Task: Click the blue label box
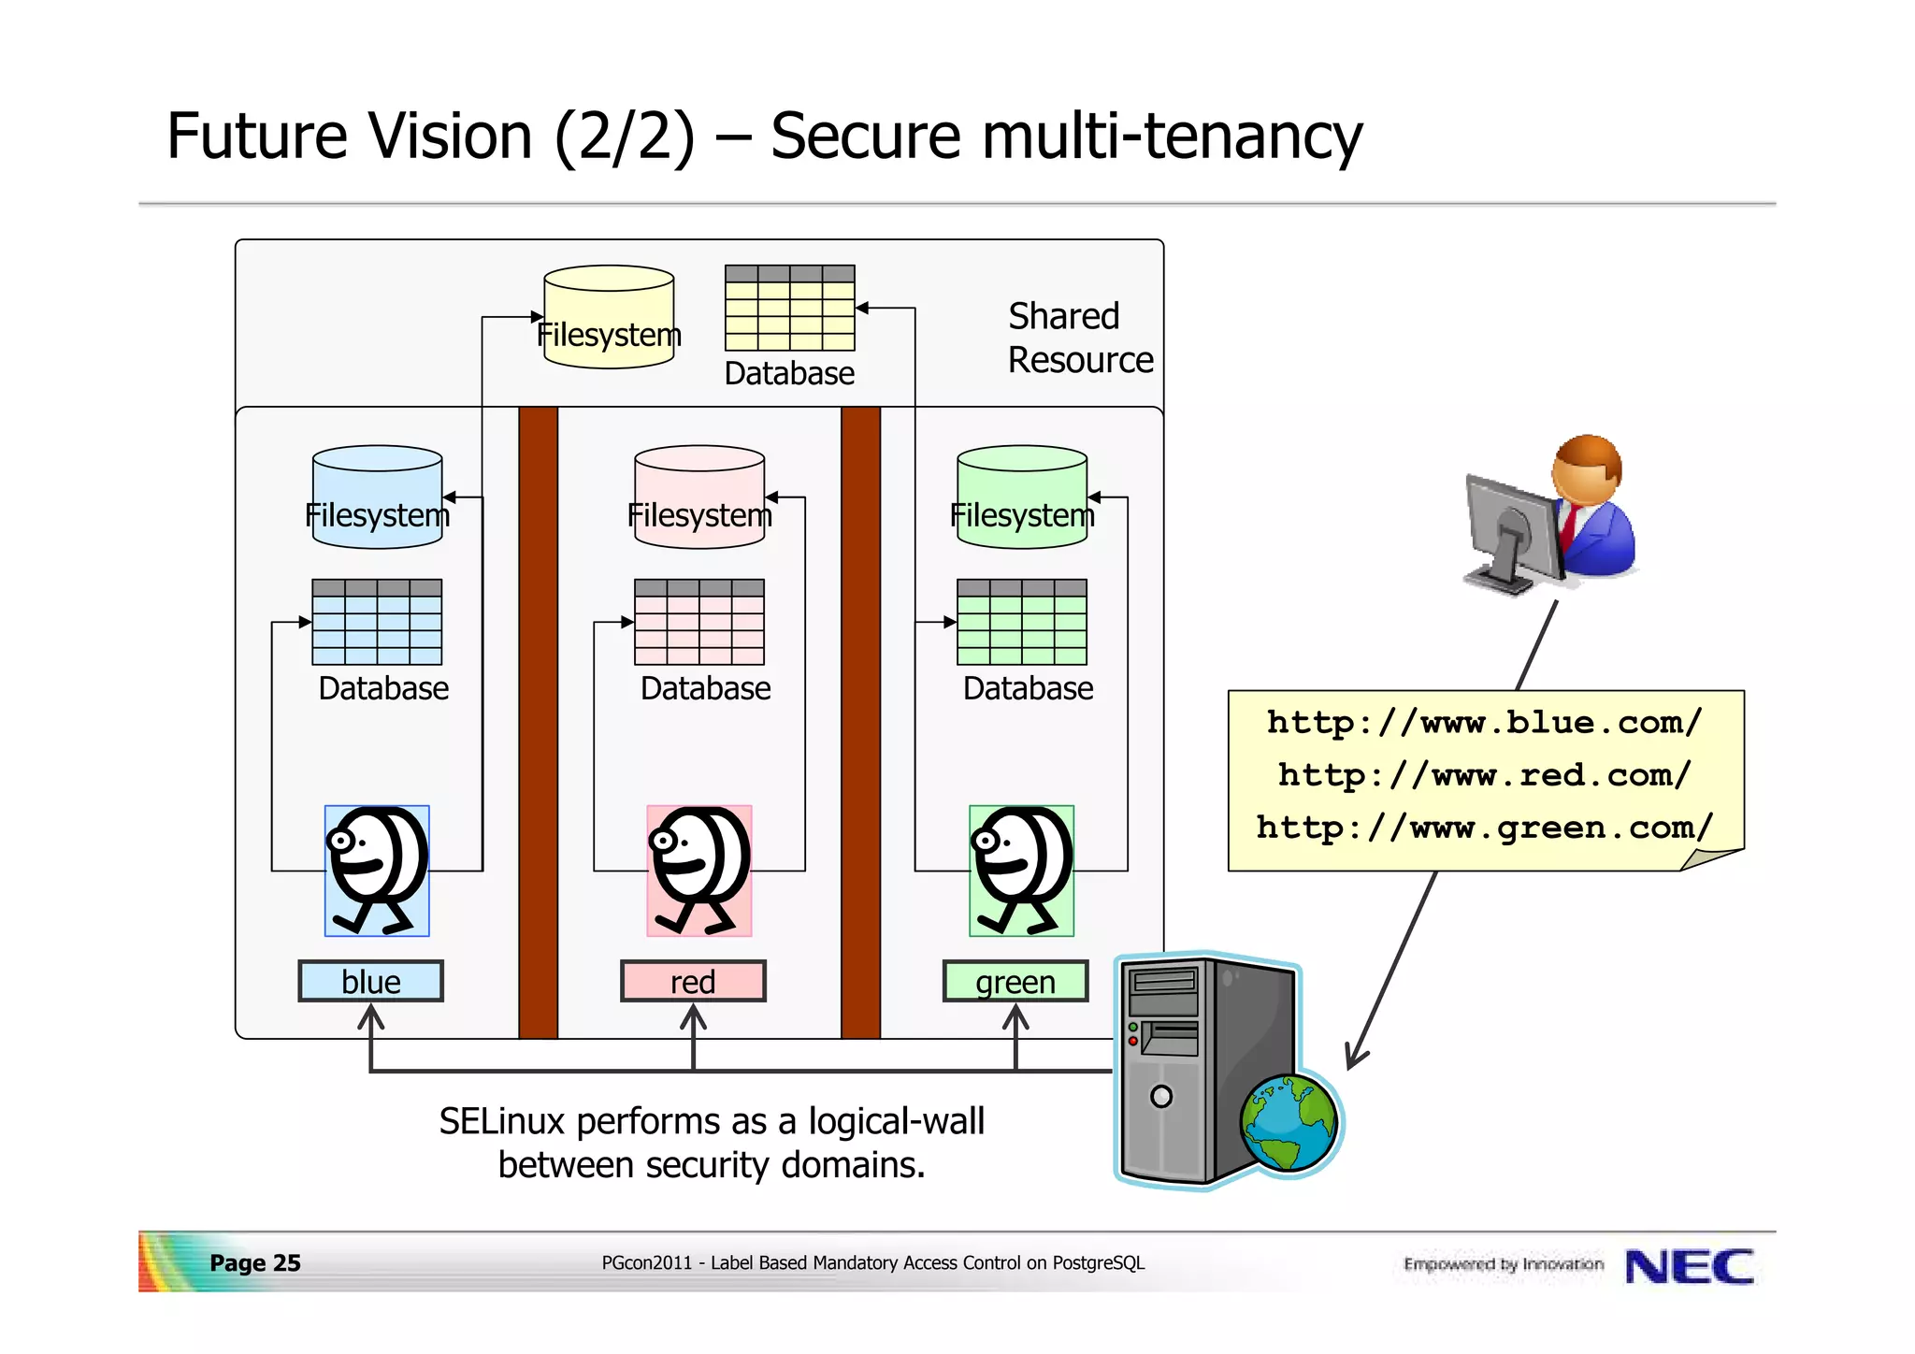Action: click(x=370, y=981)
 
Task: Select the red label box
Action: click(x=693, y=981)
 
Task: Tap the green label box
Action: click(x=1015, y=981)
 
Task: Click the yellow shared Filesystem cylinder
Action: click(x=609, y=317)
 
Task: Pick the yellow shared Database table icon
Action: click(x=790, y=308)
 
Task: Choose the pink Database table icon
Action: click(x=699, y=622)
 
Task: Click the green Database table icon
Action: click(x=1022, y=622)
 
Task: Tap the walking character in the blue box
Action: click(x=377, y=871)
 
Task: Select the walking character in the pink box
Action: click(x=699, y=871)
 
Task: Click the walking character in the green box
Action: click(x=1022, y=871)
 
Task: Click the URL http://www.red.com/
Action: click(x=1485, y=775)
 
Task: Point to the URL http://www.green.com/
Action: click(x=1485, y=828)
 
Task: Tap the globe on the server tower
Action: click(x=1289, y=1122)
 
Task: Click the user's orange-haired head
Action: click(x=1587, y=468)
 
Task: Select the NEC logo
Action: click(x=1690, y=1267)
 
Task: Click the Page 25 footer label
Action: click(x=255, y=1263)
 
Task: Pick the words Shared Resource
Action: click(x=1080, y=338)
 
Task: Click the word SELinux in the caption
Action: click(x=502, y=1121)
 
